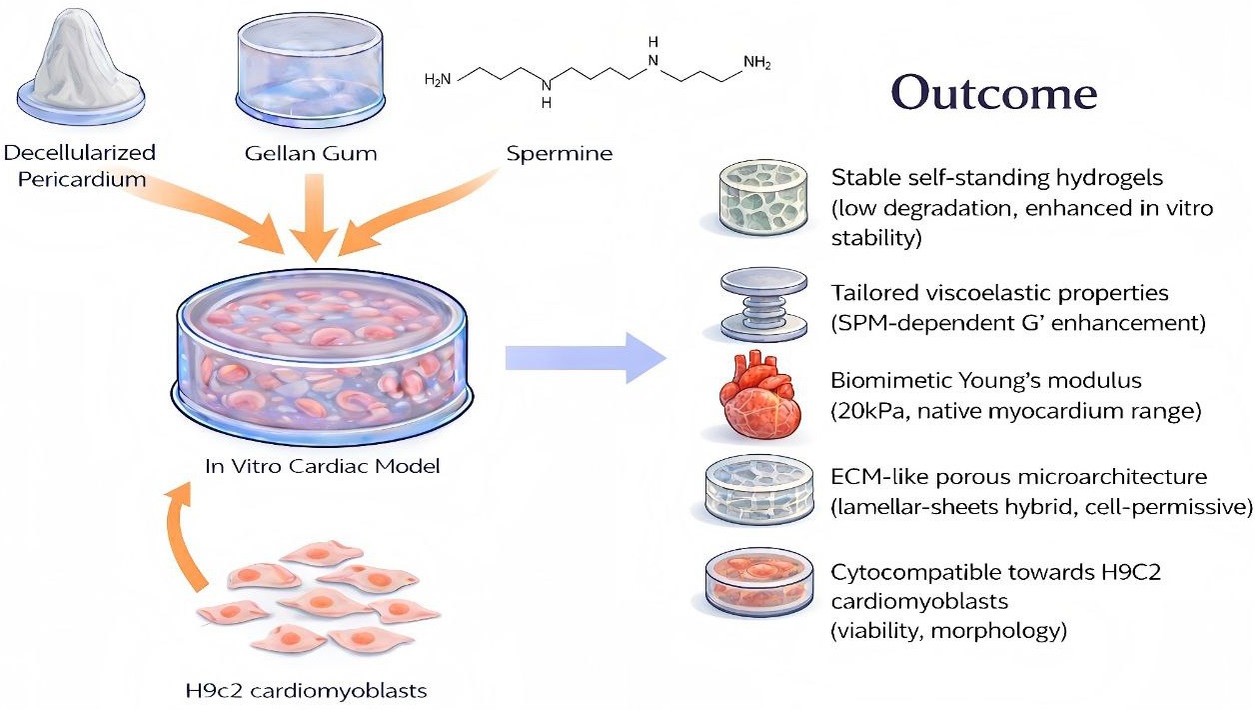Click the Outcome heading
[x=994, y=93]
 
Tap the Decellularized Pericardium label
[x=80, y=166]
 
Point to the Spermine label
[x=561, y=154]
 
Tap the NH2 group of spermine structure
[x=756, y=65]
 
